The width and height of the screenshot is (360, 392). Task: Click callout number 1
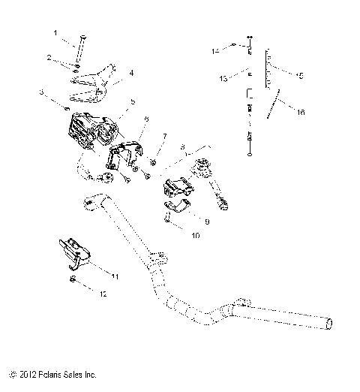[x=55, y=33]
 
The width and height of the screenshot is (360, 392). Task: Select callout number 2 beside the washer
[x=49, y=58]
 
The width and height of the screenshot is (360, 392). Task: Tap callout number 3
[x=43, y=92]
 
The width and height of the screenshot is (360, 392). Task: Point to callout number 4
[x=131, y=73]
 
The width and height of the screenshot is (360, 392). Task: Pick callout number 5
[x=133, y=101]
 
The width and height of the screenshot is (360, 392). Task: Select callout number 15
[x=300, y=75]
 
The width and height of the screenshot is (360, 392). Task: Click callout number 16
[x=301, y=112]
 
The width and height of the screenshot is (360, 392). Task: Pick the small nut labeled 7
[x=152, y=161]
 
